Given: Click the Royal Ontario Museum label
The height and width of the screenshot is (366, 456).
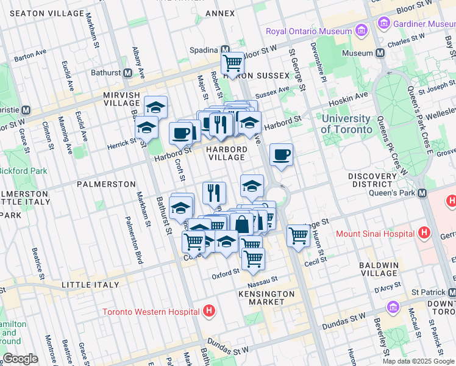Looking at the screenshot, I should click(x=309, y=31).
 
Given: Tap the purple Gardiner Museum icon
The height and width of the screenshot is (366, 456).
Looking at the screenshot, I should click(x=384, y=24).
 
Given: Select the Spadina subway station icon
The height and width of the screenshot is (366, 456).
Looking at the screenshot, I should click(x=225, y=50).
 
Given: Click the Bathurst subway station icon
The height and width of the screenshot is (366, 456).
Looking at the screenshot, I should click(x=128, y=73).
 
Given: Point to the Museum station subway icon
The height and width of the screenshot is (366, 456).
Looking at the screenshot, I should click(x=380, y=53).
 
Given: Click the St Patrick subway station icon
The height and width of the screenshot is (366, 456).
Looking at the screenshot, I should click(x=450, y=293).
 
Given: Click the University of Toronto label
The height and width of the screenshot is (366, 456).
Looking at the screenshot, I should click(x=346, y=124).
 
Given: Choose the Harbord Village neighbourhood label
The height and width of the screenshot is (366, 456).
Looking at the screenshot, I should click(x=226, y=154).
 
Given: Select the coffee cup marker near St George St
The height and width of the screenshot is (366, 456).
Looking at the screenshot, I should click(x=281, y=154).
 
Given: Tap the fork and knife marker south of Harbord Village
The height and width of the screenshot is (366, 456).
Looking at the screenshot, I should click(x=214, y=193).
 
